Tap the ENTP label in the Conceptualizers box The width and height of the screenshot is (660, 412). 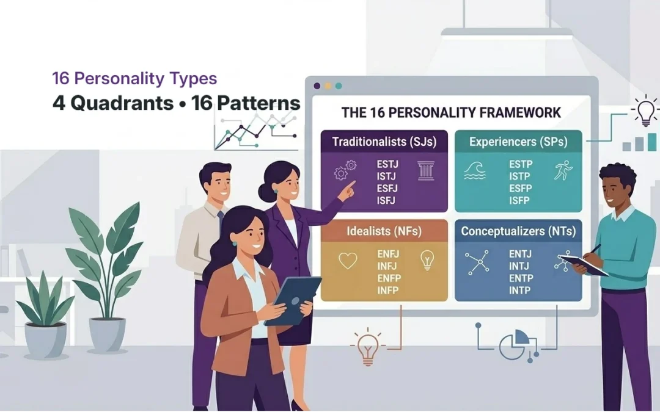pyautogui.click(x=521, y=278)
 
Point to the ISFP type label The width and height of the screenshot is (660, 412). pyautogui.click(x=520, y=200)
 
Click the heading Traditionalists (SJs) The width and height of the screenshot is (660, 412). pyautogui.click(x=384, y=142)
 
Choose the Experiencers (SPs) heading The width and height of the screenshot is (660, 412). pyautogui.click(x=518, y=142)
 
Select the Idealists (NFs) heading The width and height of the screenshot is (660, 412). pyautogui.click(x=384, y=232)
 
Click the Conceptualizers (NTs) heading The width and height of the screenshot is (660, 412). pyautogui.click(x=518, y=232)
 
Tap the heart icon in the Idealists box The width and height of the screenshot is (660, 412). pyautogui.click(x=348, y=261)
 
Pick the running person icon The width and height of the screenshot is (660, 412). pyautogui.click(x=562, y=170)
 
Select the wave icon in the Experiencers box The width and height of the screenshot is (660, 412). pyautogui.click(x=475, y=170)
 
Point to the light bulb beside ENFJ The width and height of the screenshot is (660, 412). pyautogui.click(x=427, y=260)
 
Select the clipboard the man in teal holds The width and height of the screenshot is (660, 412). pyautogui.click(x=583, y=265)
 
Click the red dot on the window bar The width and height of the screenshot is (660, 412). pyautogui.click(x=317, y=86)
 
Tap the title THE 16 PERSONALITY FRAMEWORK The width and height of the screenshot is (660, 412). pyautogui.click(x=451, y=113)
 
